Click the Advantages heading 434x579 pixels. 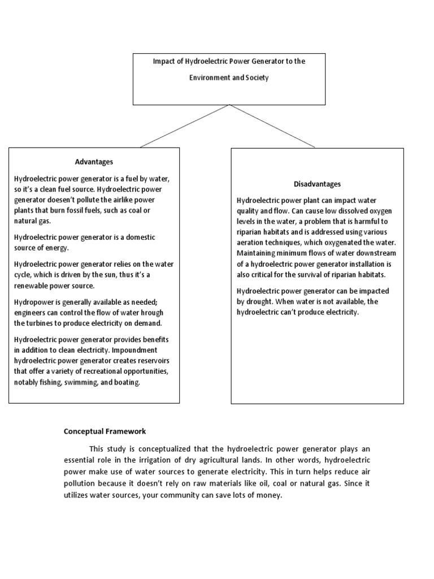point(94,162)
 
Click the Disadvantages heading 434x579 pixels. point(317,184)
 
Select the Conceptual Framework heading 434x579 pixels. point(105,431)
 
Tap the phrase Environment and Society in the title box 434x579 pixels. point(229,77)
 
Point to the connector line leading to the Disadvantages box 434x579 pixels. point(273,126)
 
